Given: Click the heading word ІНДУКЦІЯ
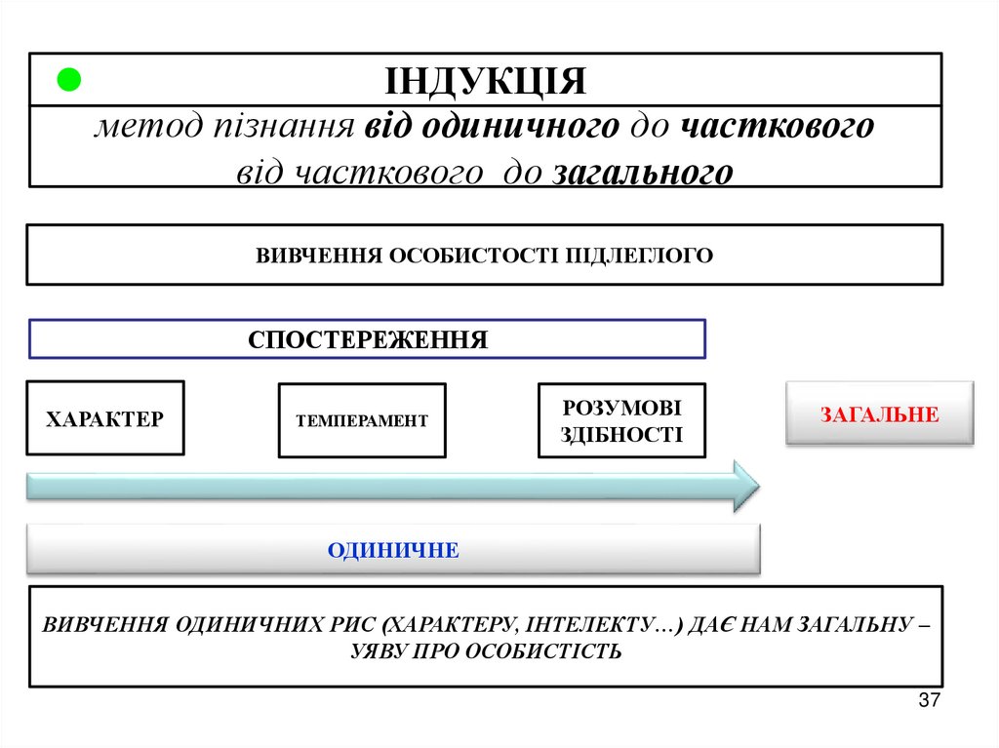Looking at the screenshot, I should point(485,81).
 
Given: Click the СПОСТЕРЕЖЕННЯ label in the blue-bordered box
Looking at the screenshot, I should point(368,339).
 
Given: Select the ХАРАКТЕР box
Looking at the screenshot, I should point(105,418).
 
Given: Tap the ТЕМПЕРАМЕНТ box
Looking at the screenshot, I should point(362,421).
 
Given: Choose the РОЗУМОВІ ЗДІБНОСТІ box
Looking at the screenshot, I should point(621,420).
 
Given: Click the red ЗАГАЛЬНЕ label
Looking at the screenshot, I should point(879,414).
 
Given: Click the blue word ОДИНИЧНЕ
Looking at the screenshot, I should point(393,550).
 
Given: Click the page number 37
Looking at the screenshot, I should point(929,701).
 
